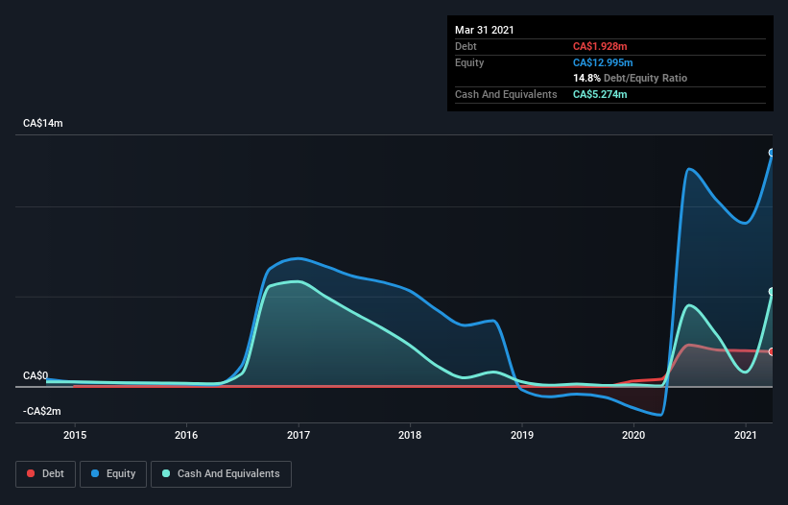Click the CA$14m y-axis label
43,124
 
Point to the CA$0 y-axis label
36,375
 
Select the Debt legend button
44,473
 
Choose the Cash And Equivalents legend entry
221,473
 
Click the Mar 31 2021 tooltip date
485,30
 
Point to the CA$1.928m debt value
601,46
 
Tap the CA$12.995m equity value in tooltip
604,62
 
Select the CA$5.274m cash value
601,94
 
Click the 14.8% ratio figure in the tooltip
586,78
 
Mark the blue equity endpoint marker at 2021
772,153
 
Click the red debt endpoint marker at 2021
772,351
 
